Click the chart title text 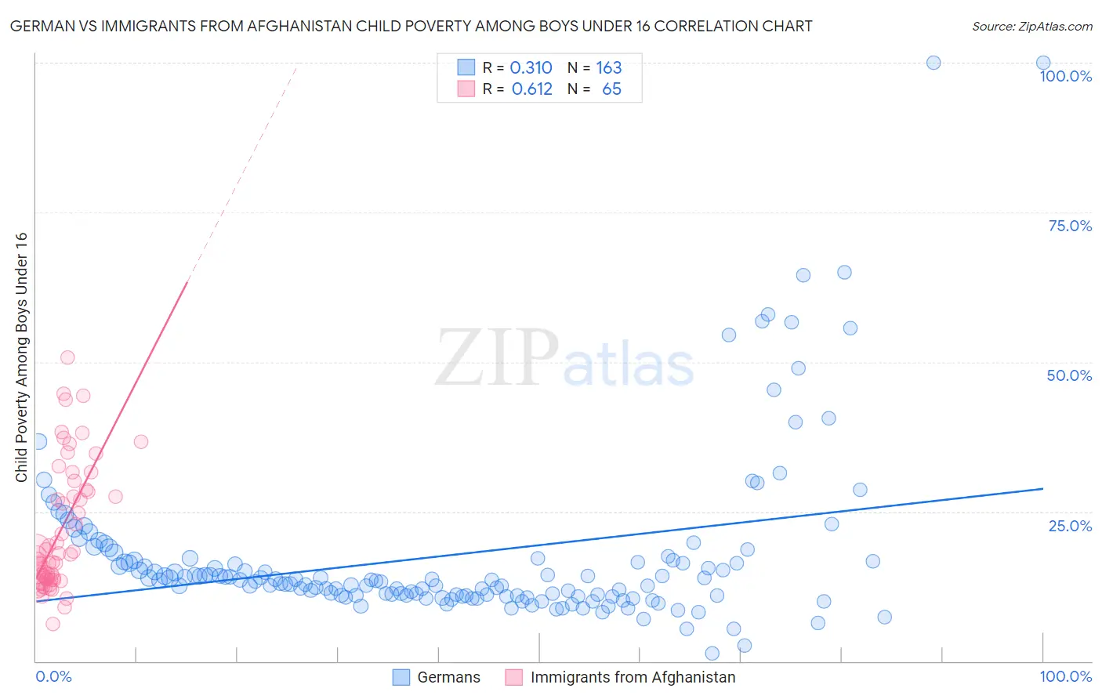click(x=411, y=26)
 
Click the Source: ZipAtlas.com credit click(x=1031, y=26)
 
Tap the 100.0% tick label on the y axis click(x=1065, y=76)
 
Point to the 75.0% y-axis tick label click(x=1070, y=226)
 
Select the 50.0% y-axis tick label click(x=1069, y=375)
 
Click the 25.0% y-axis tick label click(x=1070, y=525)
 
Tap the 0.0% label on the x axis click(x=53, y=676)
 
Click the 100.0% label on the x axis click(x=1065, y=676)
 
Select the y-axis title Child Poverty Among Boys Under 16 click(x=22, y=357)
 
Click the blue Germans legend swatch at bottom click(x=401, y=677)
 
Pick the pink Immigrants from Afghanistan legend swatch click(x=514, y=677)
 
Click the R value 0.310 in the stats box click(x=531, y=68)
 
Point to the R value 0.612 click(x=531, y=89)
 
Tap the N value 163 click(x=608, y=68)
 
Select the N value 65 click(x=611, y=89)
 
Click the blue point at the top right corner click(x=1043, y=63)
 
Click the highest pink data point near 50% click(x=67, y=357)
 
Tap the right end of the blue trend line click(x=1043, y=488)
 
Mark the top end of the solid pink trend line click(x=187, y=281)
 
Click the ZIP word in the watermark click(x=497, y=358)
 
